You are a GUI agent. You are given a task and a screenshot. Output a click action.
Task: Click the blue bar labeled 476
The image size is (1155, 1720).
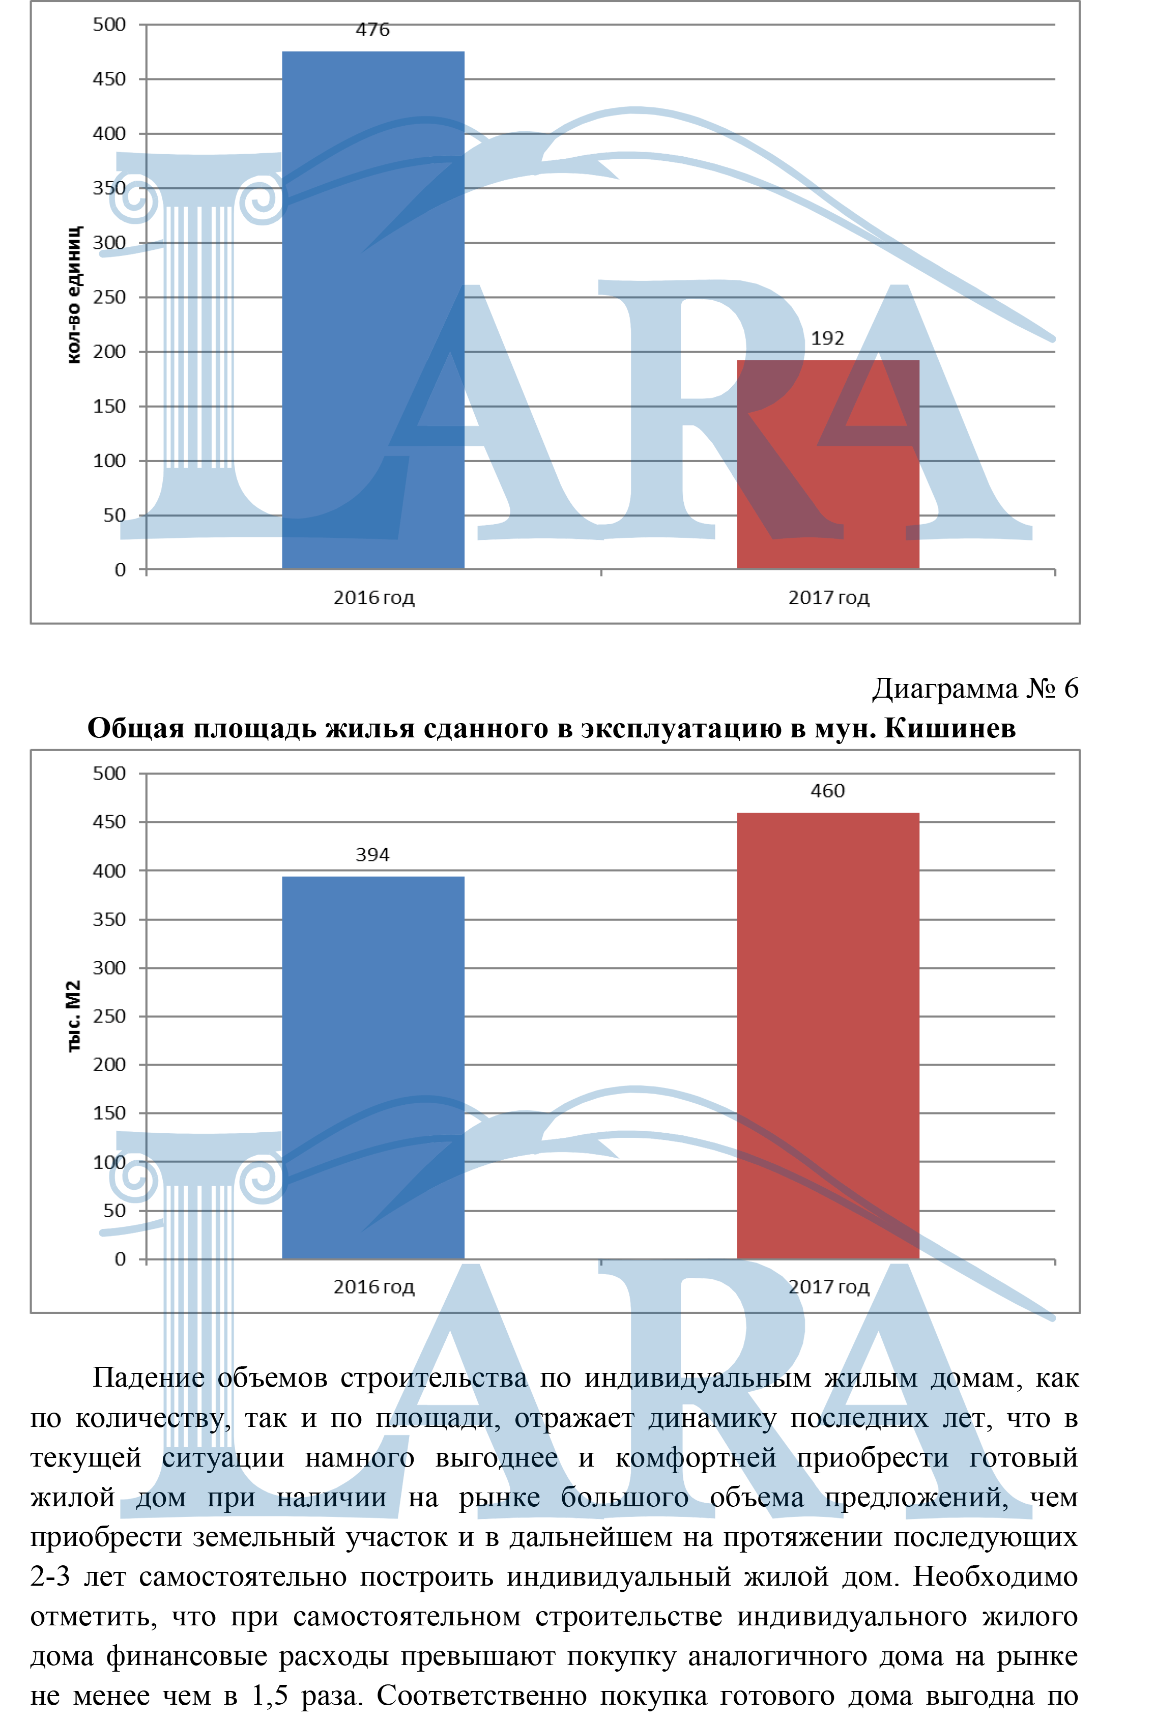[x=373, y=309]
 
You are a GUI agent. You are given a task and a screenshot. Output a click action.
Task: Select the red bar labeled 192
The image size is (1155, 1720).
[x=827, y=464]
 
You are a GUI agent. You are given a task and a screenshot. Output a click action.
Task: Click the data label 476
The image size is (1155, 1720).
[x=373, y=30]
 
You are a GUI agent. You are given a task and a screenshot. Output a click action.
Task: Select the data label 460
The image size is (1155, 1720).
[x=827, y=791]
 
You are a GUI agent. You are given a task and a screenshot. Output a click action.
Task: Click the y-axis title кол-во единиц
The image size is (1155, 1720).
[x=74, y=295]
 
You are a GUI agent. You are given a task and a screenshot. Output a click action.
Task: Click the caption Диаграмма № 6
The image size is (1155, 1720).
[x=974, y=689]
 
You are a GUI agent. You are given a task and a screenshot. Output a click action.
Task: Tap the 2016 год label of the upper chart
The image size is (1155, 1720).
[x=373, y=597]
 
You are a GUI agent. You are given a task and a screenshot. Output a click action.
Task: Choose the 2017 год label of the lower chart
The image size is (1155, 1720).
[x=829, y=1287]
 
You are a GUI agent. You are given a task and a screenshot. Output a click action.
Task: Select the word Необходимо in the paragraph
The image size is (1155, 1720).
[x=995, y=1576]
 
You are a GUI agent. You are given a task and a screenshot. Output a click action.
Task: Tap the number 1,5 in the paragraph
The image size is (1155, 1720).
[x=269, y=1696]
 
